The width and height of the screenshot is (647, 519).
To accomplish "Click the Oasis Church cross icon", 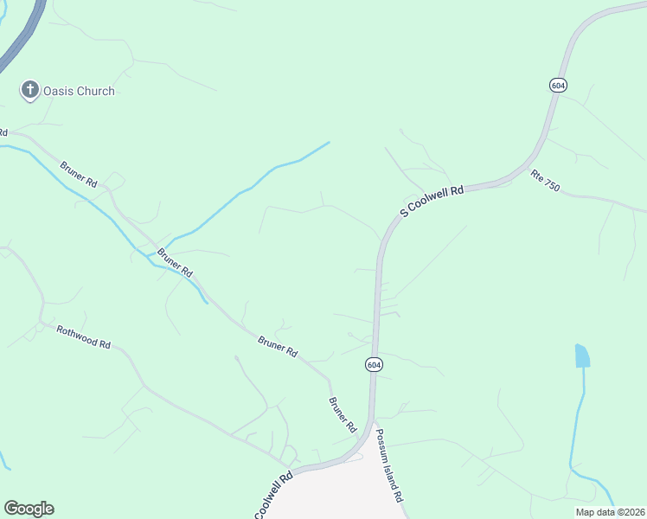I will click(30, 89).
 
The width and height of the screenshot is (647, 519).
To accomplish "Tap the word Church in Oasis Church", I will click(95, 91).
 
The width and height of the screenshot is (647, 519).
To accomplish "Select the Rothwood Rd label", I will click(84, 336).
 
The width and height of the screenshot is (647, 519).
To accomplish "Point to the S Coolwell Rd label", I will click(432, 201).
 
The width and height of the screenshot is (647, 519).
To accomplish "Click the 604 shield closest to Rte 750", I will click(558, 84).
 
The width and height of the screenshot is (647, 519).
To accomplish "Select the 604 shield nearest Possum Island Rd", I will click(373, 364).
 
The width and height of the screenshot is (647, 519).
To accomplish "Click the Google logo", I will click(29, 509).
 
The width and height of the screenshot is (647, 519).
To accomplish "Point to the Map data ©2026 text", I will click(610, 512).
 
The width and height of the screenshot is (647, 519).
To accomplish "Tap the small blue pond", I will click(582, 355).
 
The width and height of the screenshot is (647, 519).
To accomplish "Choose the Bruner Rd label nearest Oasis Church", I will click(79, 174).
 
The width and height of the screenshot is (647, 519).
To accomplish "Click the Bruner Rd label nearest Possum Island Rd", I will click(343, 415).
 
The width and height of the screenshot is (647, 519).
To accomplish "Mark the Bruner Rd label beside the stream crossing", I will click(175, 263).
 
